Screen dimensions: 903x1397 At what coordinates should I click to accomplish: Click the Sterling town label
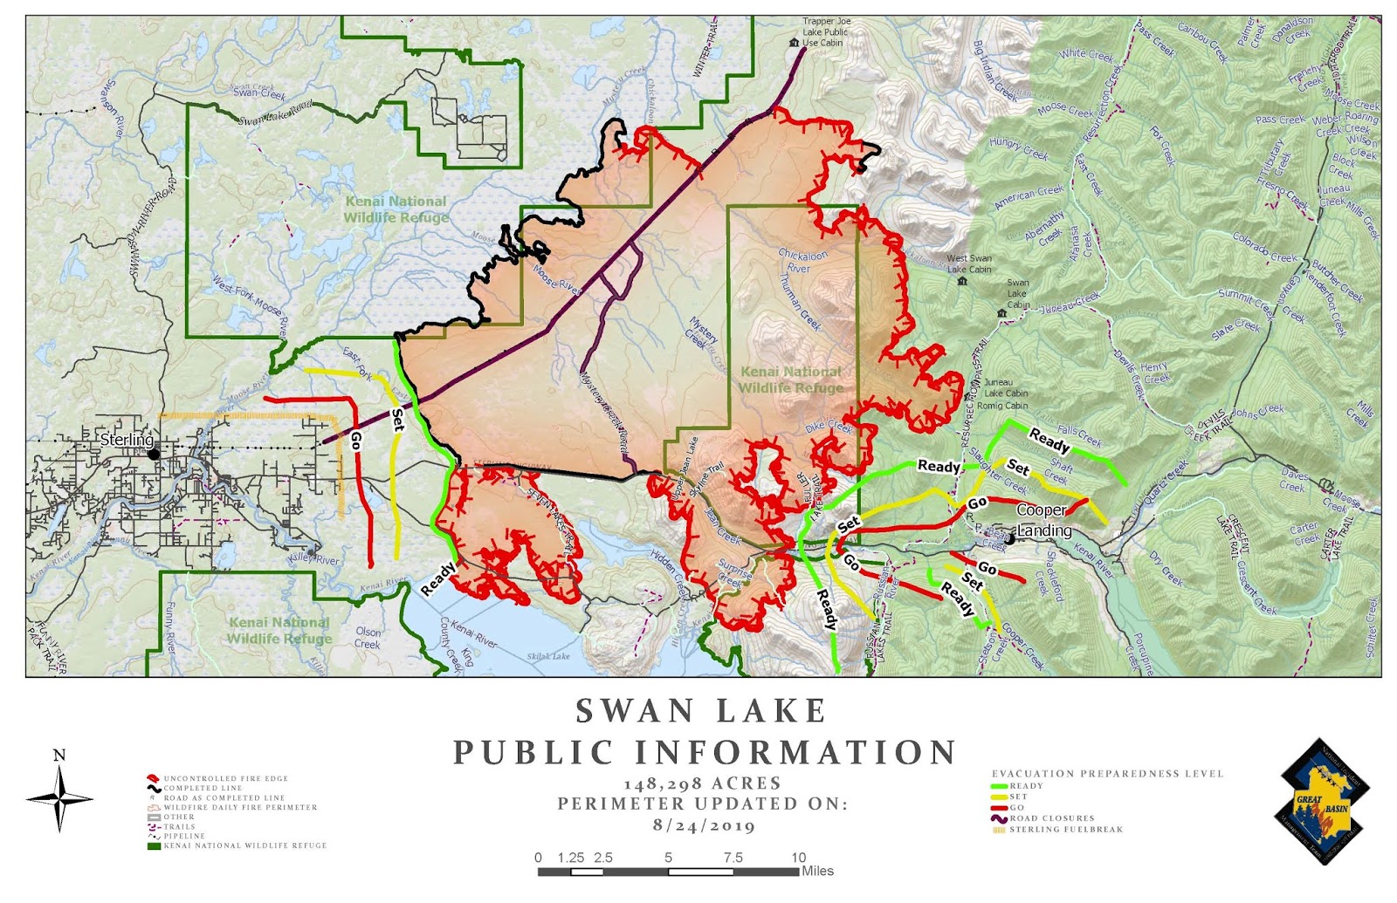(x=126, y=440)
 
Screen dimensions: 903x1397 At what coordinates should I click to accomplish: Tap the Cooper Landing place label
(x=1043, y=520)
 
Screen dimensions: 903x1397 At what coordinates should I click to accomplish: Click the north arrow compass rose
(x=58, y=795)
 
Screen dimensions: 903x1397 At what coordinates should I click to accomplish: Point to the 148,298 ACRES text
(x=702, y=783)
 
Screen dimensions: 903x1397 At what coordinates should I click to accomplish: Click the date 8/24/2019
(x=703, y=825)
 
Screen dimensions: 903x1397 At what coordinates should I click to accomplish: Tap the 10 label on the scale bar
(x=798, y=858)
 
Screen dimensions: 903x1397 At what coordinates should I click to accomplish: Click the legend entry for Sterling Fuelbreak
(x=1065, y=830)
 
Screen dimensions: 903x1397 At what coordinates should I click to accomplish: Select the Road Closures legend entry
(x=1051, y=818)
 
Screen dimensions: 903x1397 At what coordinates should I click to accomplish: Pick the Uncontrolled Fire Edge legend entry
(x=225, y=778)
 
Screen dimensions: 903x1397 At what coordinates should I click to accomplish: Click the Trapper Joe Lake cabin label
(x=825, y=32)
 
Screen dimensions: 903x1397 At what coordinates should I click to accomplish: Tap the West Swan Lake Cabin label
(x=969, y=263)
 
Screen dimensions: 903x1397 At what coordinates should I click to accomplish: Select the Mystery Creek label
(x=702, y=333)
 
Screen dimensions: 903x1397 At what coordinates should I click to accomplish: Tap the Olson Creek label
(x=368, y=638)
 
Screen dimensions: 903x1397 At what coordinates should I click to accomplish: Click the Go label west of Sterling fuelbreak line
(x=355, y=439)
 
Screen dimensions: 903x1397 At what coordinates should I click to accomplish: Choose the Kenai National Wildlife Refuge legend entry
(x=244, y=845)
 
